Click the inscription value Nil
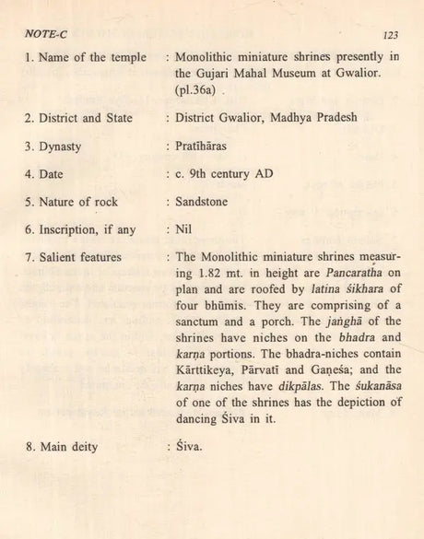[183, 229]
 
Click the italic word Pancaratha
[332, 275]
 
